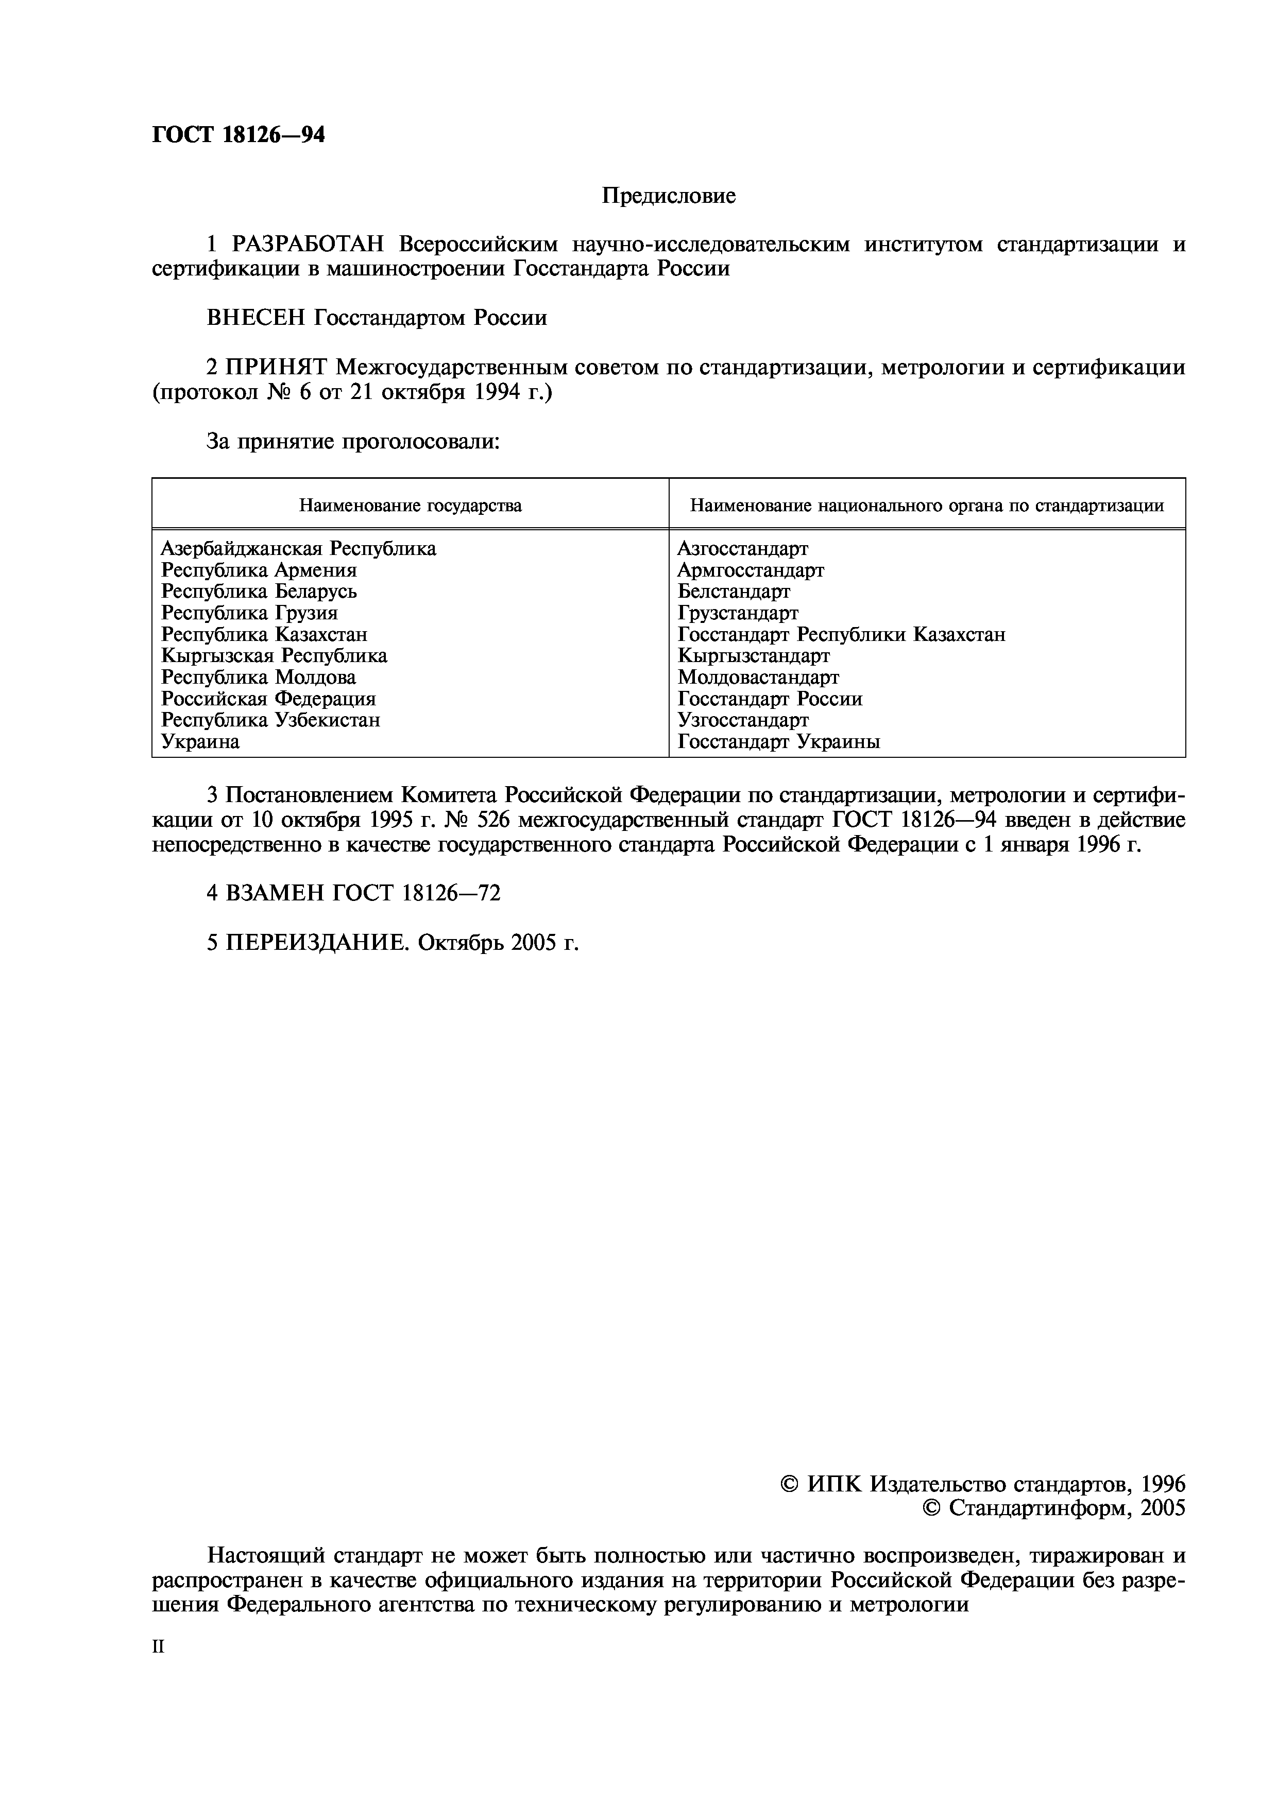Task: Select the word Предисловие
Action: (669, 196)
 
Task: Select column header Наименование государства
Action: (410, 505)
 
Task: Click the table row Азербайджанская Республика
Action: (298, 548)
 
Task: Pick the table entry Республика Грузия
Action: (249, 613)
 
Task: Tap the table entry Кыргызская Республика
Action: (274, 655)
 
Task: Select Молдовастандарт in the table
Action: (758, 678)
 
